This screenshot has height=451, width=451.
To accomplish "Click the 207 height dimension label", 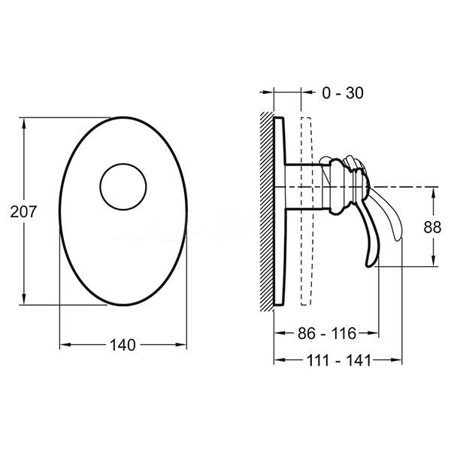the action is point(23,212).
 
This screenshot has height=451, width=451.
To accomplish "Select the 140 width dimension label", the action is point(123,345).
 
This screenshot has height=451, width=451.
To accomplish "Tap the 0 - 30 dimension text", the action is point(343,93).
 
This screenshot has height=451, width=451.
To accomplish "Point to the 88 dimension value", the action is point(432,227).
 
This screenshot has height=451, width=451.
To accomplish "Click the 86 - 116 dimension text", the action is point(327,333).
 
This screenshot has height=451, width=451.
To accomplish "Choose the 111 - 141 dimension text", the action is point(339,360).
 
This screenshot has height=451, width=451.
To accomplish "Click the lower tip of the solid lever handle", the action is point(370,265).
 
